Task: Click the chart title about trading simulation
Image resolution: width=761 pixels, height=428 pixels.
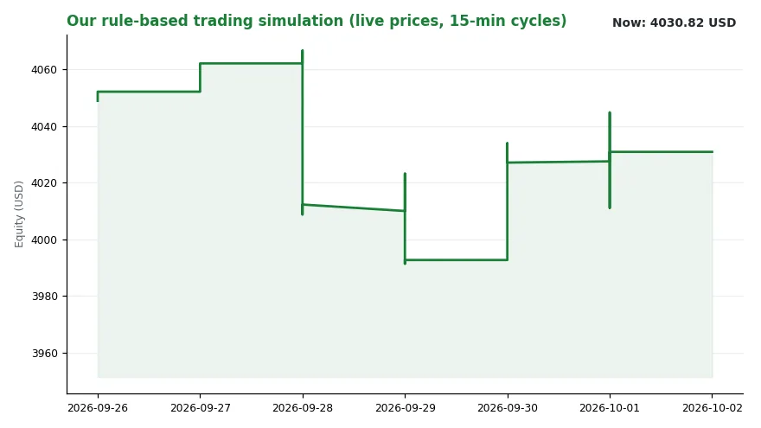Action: [x=317, y=21]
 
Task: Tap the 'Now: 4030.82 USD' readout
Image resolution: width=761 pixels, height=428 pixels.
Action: [x=675, y=22]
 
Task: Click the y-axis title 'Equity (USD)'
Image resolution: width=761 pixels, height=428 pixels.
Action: [x=19, y=214]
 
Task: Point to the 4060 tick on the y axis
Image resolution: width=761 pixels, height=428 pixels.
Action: [x=44, y=70]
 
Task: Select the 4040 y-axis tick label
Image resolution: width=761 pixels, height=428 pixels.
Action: [x=44, y=126]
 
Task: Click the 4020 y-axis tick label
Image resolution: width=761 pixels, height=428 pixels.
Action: [x=44, y=183]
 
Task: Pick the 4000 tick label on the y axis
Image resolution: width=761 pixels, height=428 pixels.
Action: [x=44, y=240]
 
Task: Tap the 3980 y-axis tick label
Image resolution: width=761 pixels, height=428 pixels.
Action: [x=44, y=296]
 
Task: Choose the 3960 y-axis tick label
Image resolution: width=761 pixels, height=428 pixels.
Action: [x=44, y=354]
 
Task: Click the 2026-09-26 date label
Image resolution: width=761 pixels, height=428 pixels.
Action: [x=98, y=408]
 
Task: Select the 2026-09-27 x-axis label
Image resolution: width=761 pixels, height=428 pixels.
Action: [x=201, y=408]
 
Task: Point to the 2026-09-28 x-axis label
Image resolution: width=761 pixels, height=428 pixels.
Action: [x=303, y=408]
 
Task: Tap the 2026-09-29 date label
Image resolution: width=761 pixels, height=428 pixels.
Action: [x=406, y=408]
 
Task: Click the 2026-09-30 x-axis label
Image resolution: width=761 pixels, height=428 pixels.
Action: [x=508, y=408]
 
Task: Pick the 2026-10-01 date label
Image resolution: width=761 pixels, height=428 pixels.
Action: [x=610, y=408]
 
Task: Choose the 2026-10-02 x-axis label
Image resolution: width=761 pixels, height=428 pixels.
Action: [x=713, y=408]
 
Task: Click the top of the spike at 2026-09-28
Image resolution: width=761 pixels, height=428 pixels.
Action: [x=303, y=50]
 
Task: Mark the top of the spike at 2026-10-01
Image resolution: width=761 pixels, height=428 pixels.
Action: [x=610, y=112]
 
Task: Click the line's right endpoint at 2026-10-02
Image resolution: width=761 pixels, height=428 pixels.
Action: [x=713, y=152]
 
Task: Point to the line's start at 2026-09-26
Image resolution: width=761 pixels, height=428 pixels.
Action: [x=98, y=100]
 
